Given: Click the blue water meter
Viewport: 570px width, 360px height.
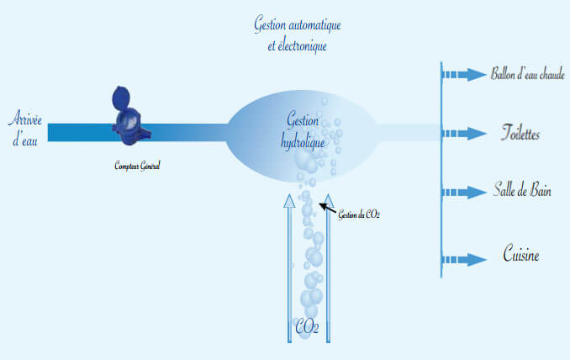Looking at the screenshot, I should click(129, 118).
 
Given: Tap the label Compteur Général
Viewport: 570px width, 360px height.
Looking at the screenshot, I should click(137, 166).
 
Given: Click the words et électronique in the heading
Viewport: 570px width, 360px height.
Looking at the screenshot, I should click(291, 46).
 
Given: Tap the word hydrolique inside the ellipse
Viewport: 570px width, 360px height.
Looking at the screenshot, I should click(303, 142).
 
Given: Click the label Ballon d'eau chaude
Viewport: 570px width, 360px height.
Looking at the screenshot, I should click(527, 74).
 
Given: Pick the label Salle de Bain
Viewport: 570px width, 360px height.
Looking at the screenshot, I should click(522, 191).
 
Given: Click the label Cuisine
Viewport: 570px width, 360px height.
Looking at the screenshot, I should click(521, 254).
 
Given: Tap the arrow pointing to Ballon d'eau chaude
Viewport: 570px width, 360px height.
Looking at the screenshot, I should click(464, 75).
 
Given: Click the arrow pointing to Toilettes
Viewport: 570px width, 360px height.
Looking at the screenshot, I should click(464, 133).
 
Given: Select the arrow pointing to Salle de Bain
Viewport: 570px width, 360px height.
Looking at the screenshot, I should click(464, 191).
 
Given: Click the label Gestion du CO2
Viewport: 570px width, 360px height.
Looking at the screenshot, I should click(359, 215).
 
